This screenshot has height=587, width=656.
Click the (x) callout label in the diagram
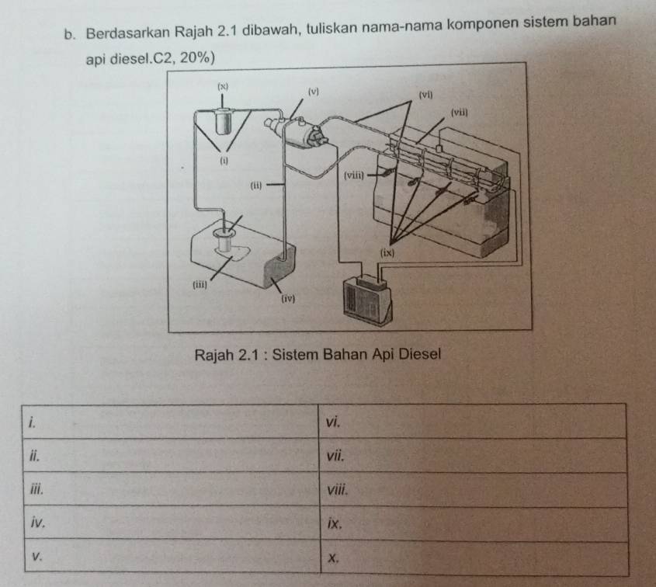(223, 87)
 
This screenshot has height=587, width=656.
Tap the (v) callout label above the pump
(314, 92)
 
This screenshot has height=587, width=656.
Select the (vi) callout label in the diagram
(426, 95)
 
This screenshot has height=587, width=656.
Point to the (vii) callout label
(460, 112)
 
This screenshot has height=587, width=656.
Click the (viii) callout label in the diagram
(354, 175)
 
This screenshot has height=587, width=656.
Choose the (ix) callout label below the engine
(387, 252)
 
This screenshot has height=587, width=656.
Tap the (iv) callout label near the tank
(288, 299)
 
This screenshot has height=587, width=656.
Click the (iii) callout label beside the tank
(200, 285)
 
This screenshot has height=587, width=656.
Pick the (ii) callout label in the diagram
(256, 186)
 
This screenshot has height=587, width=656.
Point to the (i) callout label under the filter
(224, 160)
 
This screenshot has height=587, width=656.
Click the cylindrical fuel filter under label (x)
(223, 121)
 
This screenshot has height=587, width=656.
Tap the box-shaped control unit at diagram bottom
(367, 298)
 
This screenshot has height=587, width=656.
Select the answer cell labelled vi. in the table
(472, 421)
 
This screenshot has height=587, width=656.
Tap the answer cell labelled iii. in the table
(171, 488)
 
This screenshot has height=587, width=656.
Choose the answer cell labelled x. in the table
(474, 558)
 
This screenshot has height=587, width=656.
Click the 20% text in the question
(195, 58)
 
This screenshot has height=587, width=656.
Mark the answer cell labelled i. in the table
(170, 422)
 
